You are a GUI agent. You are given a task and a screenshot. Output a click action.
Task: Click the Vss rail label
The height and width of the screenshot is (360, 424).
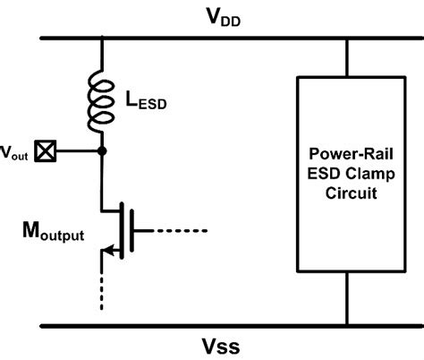coord(215,344)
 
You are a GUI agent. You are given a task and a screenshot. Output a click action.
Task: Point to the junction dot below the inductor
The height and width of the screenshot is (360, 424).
coord(103,151)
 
